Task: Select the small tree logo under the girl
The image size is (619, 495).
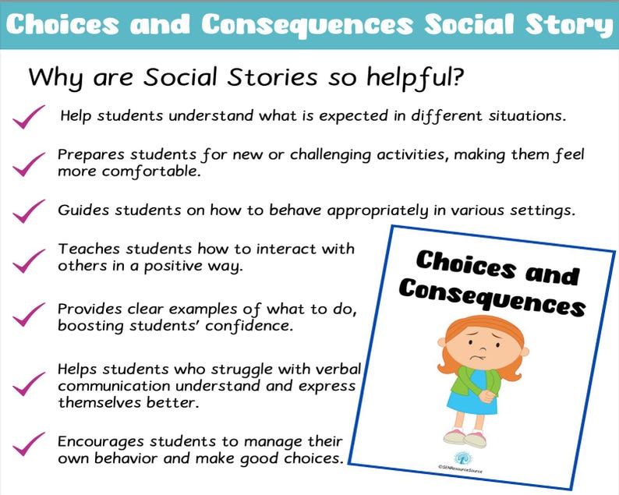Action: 461,458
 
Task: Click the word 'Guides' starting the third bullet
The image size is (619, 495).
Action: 81,210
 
